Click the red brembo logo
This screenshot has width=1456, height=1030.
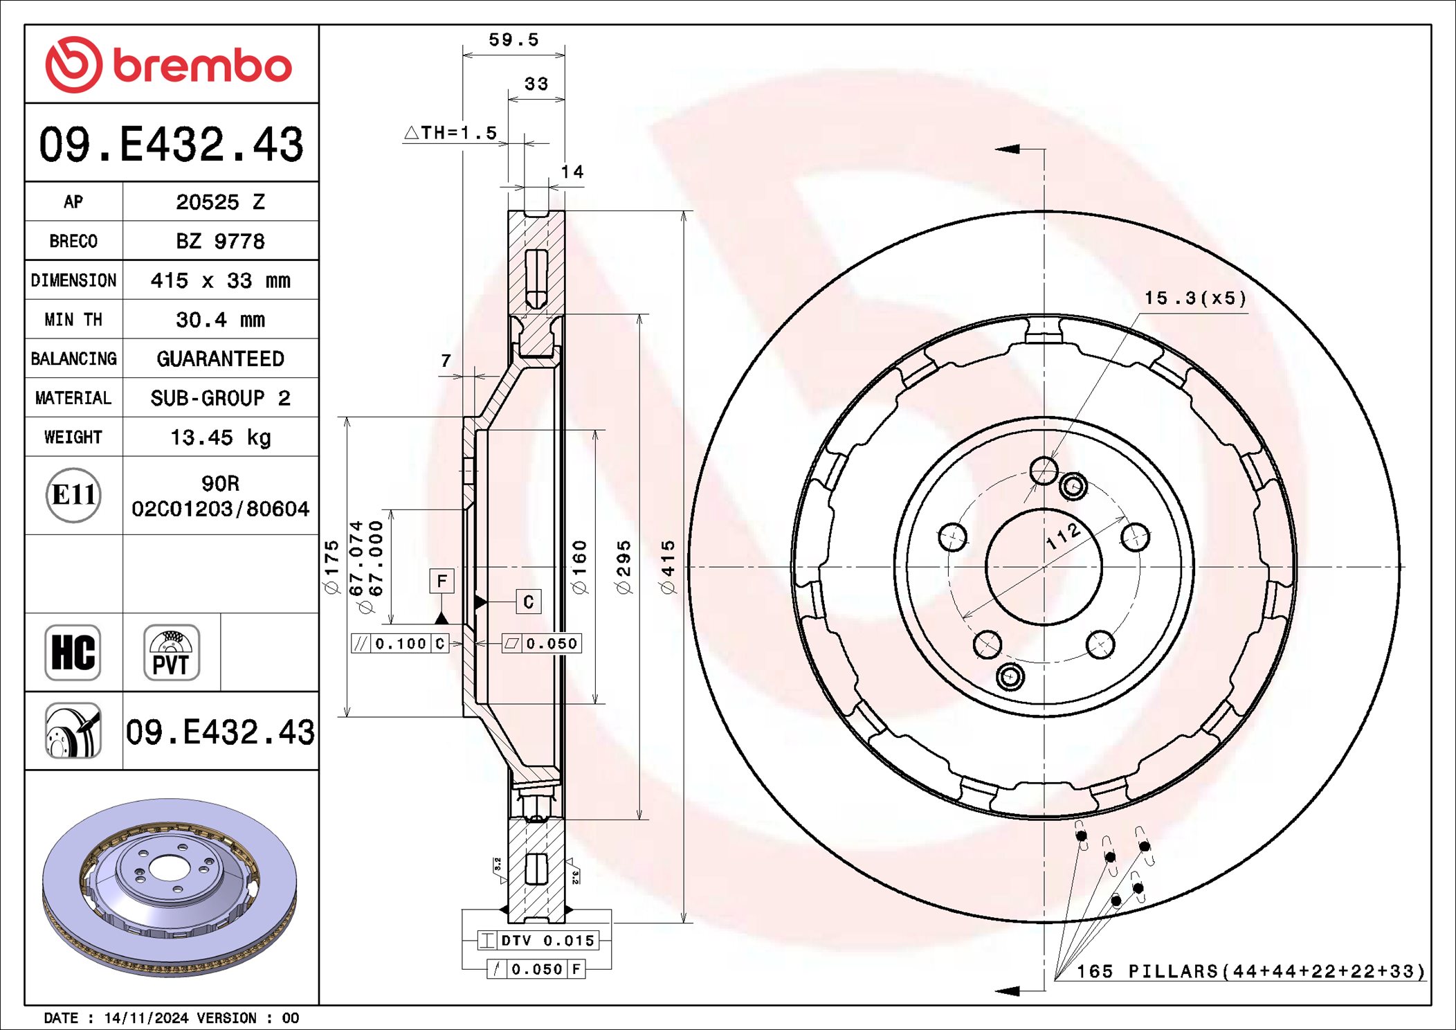[169, 65]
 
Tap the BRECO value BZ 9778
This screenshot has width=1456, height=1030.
[220, 241]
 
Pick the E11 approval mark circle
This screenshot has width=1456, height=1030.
[73, 495]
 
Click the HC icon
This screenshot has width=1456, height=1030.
[73, 653]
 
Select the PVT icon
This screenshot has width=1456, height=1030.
[171, 653]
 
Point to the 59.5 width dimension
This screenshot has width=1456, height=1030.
[513, 40]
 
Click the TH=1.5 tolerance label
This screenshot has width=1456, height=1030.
[451, 132]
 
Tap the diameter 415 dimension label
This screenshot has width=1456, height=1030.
[667, 567]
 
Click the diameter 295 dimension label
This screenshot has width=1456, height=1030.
[624, 567]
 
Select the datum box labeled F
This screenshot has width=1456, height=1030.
[442, 581]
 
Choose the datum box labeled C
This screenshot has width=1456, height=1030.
[528, 602]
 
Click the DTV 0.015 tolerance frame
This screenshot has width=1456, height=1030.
[538, 940]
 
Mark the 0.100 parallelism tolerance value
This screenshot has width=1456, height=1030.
[401, 644]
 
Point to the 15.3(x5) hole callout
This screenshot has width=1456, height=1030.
[1195, 298]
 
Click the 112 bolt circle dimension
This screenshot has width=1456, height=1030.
[1062, 536]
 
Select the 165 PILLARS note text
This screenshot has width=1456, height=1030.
[1250, 971]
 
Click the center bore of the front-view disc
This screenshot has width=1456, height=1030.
[1044, 567]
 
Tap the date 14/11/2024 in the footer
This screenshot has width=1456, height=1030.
[146, 1018]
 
